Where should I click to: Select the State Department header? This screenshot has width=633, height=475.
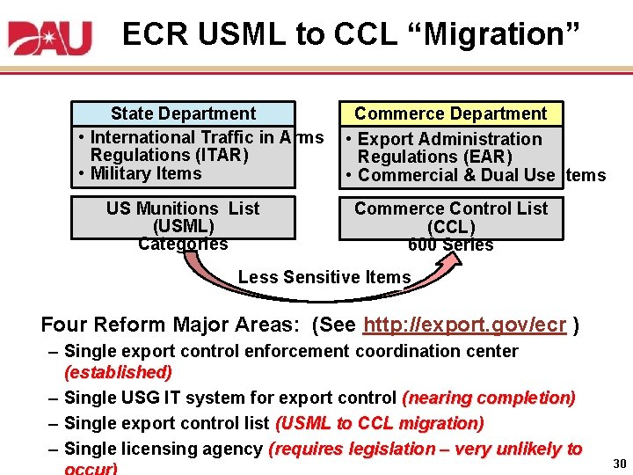[x=183, y=113]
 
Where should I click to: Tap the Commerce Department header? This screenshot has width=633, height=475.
[x=450, y=113]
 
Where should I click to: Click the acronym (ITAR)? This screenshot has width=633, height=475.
[x=215, y=155]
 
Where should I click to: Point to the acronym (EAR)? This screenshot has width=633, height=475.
[x=481, y=157]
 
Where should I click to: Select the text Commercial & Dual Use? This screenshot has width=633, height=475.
[x=456, y=175]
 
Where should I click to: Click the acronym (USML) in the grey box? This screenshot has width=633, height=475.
[x=183, y=226]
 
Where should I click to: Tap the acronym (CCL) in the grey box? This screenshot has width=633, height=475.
[x=450, y=226]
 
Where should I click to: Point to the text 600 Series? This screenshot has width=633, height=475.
[x=450, y=245]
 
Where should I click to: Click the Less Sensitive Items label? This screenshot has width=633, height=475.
[x=324, y=277]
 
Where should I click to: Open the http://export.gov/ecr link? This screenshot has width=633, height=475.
[x=464, y=324]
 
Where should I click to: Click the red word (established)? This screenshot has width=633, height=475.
[x=119, y=372]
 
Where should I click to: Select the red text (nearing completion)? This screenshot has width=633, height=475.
[x=489, y=398]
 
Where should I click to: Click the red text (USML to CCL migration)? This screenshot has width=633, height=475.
[x=380, y=423]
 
